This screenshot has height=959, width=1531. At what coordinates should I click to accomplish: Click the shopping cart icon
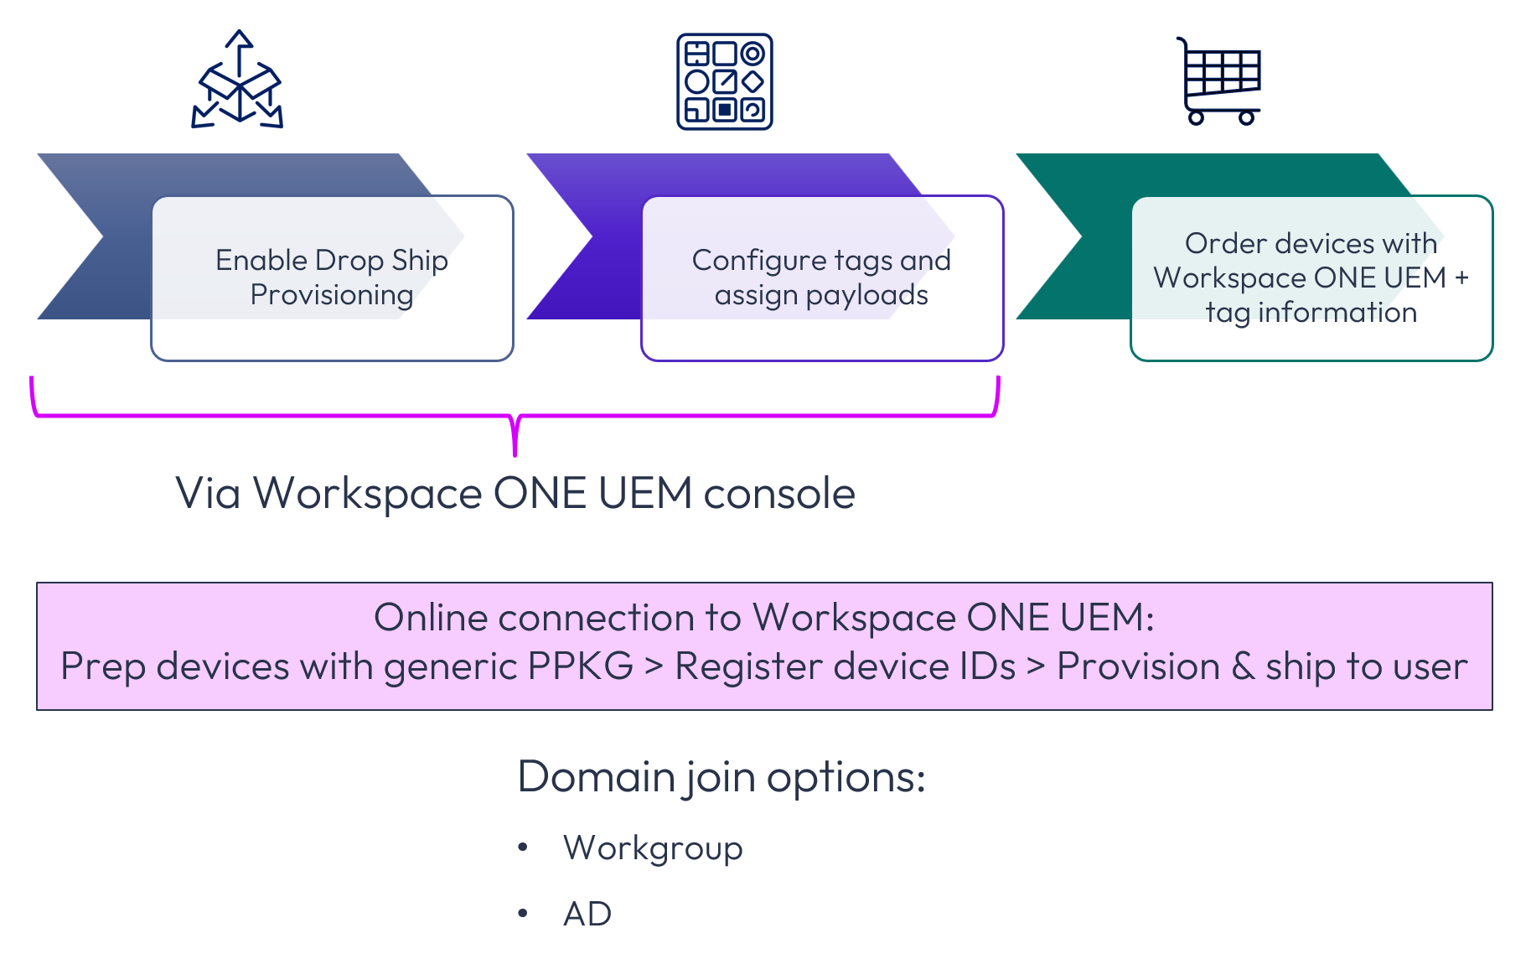[x=1220, y=80]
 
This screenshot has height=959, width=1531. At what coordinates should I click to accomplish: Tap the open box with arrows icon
[x=238, y=81]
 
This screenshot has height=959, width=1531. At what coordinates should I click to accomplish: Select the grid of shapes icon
[x=724, y=81]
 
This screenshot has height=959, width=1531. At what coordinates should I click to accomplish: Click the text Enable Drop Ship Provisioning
[x=332, y=277]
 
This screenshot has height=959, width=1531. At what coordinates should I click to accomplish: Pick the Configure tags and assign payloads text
[x=821, y=277]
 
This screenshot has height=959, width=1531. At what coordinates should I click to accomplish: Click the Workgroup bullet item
[x=653, y=848]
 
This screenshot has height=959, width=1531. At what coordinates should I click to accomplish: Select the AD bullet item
[x=587, y=914]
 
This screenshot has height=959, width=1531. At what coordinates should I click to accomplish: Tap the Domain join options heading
[x=721, y=777]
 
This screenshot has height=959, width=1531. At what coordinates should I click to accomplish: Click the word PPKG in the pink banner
[x=580, y=667]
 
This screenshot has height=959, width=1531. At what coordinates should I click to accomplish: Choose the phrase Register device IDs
[x=845, y=667]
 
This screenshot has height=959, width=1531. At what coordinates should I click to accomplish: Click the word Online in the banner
[x=431, y=618]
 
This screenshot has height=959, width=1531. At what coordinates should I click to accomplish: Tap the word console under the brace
[x=779, y=493]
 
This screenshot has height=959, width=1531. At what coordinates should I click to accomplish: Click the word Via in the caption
[x=208, y=493]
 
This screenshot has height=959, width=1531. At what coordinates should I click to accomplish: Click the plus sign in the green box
[x=1461, y=277]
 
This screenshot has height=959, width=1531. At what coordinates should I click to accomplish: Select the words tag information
[x=1311, y=312]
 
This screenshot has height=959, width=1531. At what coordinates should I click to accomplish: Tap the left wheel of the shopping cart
[x=1196, y=117]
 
